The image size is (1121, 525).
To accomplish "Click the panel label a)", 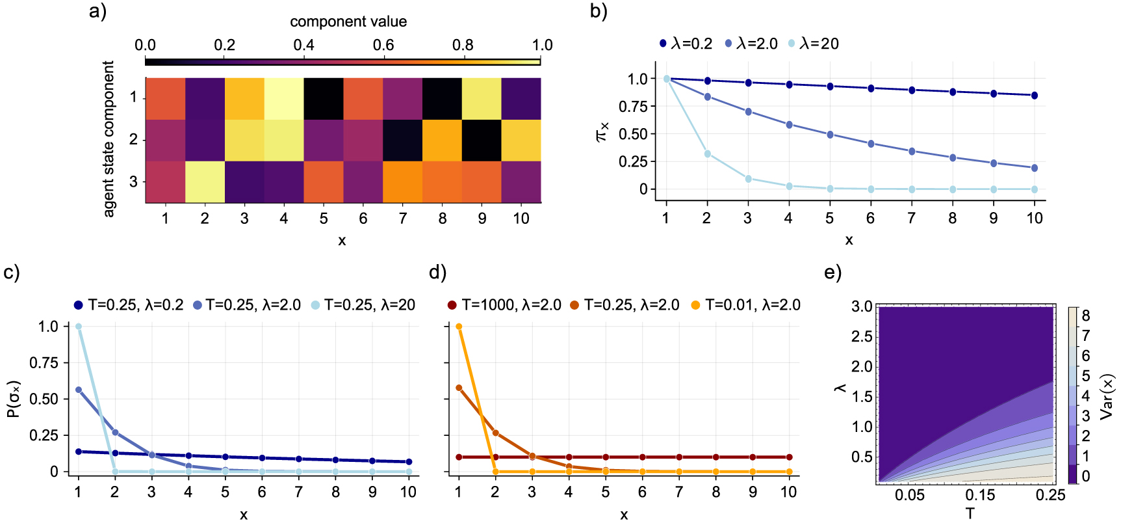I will [x=97, y=12].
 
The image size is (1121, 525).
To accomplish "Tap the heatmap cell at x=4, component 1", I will [x=284, y=98].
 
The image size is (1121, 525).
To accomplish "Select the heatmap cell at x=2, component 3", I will [x=205, y=182].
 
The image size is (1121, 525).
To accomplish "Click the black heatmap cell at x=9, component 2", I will [x=482, y=140].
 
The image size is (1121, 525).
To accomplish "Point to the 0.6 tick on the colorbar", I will [x=383, y=46].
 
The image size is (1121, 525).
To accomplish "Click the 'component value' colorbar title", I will [x=348, y=21].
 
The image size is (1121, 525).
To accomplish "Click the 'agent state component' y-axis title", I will [x=109, y=139].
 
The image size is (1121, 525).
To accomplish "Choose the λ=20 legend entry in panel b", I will [x=813, y=44].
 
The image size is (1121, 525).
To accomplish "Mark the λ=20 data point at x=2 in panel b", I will [x=707, y=154].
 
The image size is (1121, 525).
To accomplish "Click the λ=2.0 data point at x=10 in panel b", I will [x=1034, y=168].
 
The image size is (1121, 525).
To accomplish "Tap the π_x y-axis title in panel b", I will [x=602, y=133].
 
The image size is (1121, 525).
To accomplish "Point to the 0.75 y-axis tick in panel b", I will [x=633, y=107].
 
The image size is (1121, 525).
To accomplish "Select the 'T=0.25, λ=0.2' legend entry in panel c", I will [x=129, y=305].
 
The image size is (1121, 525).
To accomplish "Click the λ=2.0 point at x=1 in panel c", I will [x=79, y=390].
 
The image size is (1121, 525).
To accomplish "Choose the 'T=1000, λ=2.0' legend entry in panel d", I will [x=504, y=305].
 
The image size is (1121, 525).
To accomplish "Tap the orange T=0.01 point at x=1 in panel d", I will [x=459, y=327].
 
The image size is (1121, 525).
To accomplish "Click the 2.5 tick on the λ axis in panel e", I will [x=862, y=336].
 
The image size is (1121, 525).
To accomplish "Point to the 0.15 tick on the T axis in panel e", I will [x=980, y=495].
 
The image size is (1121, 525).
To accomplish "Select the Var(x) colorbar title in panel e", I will [x=1107, y=396].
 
